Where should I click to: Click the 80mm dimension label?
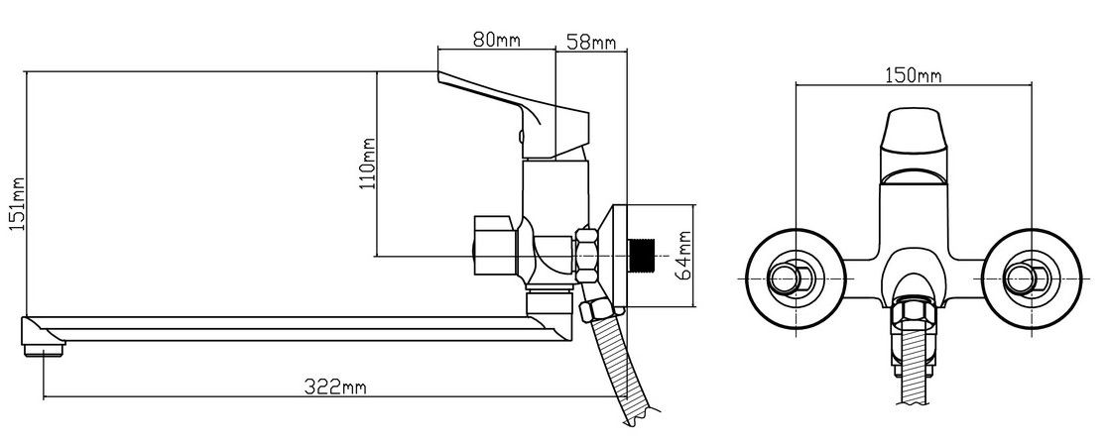(497, 41)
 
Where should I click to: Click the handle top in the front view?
(910, 130)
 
